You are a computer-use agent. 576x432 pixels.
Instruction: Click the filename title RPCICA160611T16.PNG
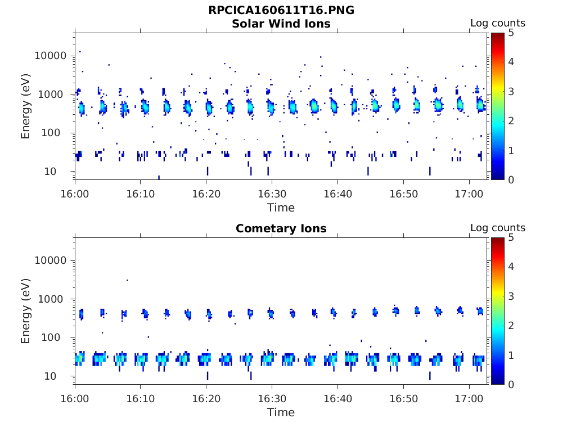[281, 10]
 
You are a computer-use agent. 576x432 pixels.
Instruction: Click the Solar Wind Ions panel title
[281, 24]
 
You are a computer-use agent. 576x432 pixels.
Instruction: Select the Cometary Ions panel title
[281, 228]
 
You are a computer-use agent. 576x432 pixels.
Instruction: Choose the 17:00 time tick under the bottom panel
[469, 398]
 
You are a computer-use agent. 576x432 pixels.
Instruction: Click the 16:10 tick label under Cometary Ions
[140, 398]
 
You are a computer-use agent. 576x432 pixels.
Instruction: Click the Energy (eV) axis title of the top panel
[26, 106]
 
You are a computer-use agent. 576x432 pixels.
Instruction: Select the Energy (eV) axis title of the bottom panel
[26, 310]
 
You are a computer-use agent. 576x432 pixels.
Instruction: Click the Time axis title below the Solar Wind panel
[281, 208]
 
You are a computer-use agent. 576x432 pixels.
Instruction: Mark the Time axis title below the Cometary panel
[281, 412]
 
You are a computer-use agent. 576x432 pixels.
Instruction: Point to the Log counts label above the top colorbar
[498, 23]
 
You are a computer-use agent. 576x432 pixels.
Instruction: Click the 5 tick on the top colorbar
[510, 33]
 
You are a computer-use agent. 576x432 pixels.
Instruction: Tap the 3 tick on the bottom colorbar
[510, 296]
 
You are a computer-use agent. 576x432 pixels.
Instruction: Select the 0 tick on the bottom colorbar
[510, 384]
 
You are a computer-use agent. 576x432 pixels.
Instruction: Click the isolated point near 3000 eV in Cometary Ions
[127, 280]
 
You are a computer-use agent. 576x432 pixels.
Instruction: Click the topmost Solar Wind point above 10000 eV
[80, 52]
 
